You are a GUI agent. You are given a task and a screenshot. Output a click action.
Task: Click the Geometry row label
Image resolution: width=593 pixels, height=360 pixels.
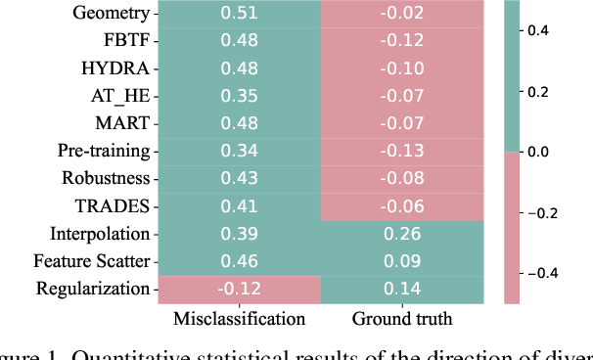click(113, 14)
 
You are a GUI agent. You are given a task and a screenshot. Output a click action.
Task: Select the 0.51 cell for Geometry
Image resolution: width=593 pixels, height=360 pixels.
click(240, 14)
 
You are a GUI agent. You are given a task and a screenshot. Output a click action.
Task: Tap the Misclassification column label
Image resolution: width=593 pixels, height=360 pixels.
click(240, 319)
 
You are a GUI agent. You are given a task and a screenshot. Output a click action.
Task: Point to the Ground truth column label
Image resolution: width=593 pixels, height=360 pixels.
click(401, 319)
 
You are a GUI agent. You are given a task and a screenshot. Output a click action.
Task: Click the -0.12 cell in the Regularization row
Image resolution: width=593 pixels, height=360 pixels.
click(240, 289)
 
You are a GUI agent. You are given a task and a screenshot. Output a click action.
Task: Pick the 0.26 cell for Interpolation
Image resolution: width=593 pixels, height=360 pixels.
click(401, 234)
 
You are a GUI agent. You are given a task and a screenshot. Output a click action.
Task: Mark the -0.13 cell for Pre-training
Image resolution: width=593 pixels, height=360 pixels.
click(401, 152)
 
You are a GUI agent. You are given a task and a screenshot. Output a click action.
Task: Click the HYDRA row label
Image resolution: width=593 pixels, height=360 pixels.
click(115, 68)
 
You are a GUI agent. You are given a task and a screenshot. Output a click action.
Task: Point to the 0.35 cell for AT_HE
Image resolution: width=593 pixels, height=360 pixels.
click(240, 96)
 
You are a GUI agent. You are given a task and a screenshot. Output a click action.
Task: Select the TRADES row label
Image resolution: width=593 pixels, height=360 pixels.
click(112, 206)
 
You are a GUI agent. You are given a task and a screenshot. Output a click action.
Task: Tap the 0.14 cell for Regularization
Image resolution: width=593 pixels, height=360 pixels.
click(401, 289)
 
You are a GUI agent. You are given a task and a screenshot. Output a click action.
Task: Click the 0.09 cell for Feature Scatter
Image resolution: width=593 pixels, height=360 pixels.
click(401, 261)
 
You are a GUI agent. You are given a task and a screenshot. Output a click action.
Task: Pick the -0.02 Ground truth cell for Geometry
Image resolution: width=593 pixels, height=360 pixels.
click(401, 14)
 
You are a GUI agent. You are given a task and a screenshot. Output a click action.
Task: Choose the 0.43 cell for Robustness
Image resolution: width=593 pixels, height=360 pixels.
click(240, 179)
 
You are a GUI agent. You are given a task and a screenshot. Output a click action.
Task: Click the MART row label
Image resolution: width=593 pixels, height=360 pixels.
click(122, 124)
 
